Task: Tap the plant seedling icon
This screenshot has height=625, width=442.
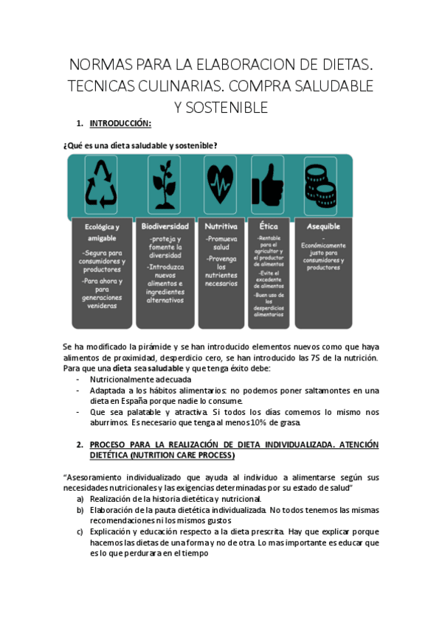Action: coord(164,183)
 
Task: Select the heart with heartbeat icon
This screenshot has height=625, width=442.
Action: coord(221,183)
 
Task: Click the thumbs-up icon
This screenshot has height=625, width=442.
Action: coord(267,183)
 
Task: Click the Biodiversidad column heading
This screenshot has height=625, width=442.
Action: coord(165,226)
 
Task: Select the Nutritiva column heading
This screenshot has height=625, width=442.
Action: coord(221,226)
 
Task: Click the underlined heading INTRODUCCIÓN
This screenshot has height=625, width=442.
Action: coord(120,123)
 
